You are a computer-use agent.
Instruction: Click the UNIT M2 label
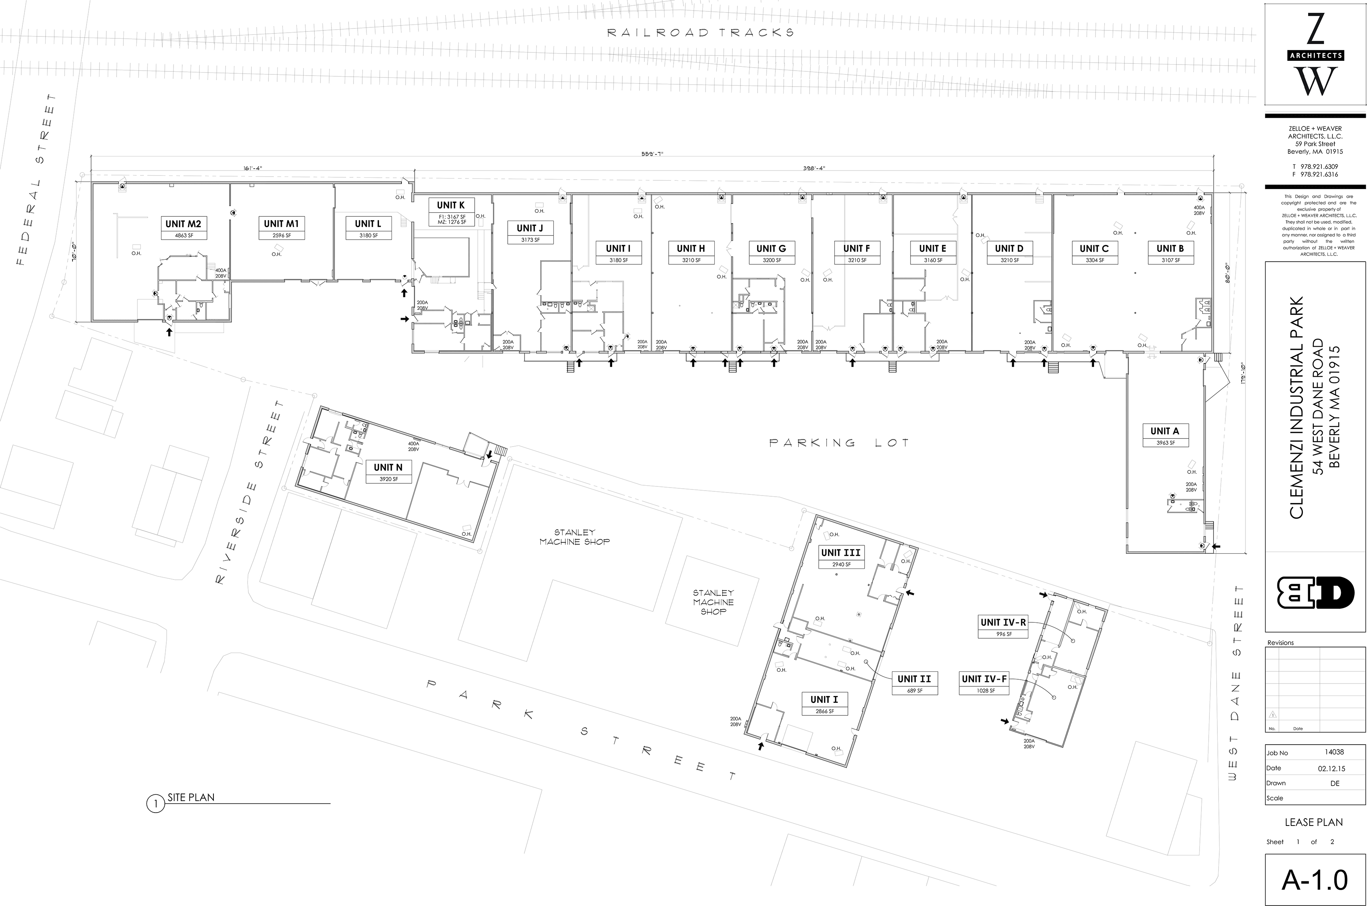[183, 224]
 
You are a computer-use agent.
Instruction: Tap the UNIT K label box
[451, 212]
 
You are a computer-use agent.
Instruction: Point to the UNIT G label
[771, 248]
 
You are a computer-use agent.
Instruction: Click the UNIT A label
[1164, 431]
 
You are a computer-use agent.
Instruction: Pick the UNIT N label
[388, 467]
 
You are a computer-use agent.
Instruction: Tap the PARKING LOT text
[840, 443]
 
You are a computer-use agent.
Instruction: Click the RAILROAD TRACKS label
[700, 33]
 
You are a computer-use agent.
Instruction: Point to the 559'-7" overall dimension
[652, 154]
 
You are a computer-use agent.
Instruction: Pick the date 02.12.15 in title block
[1331, 769]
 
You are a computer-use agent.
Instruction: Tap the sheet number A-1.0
[1315, 880]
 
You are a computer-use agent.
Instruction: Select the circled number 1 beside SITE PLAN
[155, 804]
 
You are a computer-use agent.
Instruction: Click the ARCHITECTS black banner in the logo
[1315, 55]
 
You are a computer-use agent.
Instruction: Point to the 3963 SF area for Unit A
[1165, 443]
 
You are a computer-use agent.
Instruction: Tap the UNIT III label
[841, 553]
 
